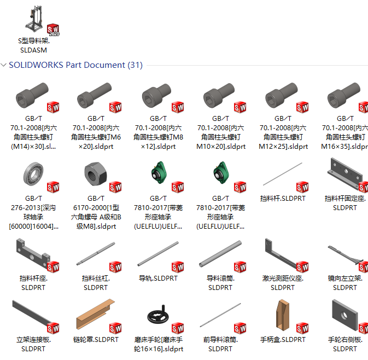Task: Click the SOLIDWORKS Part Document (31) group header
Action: click(75, 65)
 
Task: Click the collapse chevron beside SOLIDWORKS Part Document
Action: click(4, 65)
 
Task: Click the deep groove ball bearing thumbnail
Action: click(34, 175)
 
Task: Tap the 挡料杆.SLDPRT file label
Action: click(283, 199)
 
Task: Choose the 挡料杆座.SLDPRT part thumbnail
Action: click(33, 253)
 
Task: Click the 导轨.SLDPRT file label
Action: click(158, 278)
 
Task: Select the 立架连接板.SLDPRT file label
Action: click(34, 344)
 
